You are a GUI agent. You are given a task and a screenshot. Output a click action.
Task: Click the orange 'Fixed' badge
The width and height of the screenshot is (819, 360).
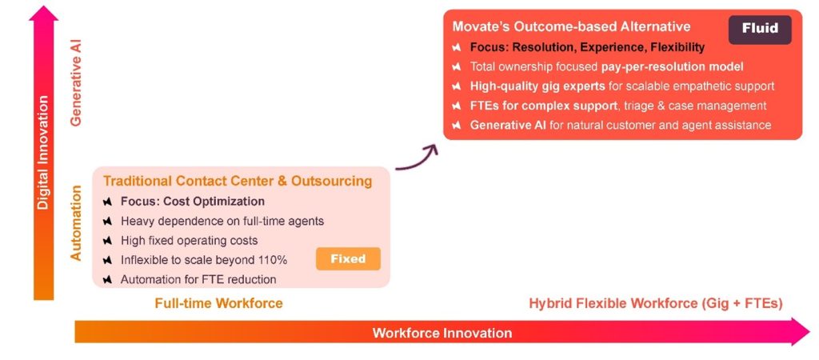(348, 258)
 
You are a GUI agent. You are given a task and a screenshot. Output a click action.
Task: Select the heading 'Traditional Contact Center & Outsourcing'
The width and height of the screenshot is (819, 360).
(238, 181)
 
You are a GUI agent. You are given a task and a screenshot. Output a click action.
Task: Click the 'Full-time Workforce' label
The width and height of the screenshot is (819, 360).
(218, 303)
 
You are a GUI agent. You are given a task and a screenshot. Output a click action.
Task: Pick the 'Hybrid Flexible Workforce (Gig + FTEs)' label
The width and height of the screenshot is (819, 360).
(655, 303)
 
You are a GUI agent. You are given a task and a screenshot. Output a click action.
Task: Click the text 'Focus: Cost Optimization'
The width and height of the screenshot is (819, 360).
(192, 202)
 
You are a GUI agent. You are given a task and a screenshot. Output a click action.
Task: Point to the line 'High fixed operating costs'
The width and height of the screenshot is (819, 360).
(189, 240)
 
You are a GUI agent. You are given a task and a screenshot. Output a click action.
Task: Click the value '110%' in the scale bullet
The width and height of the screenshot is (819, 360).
(272, 260)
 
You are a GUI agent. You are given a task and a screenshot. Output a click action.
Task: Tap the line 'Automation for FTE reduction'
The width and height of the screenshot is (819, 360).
(198, 279)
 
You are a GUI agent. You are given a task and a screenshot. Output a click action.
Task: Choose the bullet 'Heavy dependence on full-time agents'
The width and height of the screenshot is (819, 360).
(222, 221)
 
